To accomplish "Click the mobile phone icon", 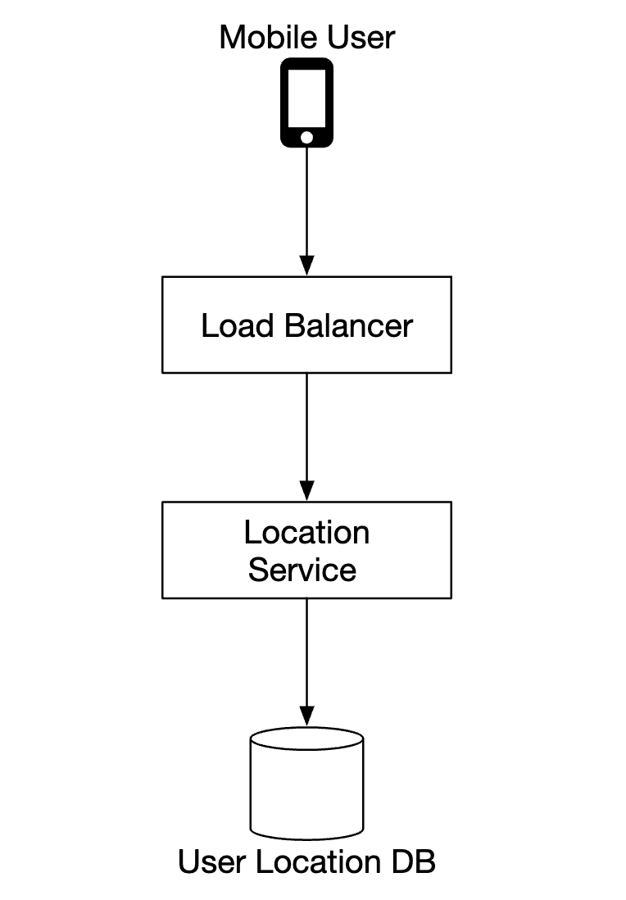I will tap(306, 102).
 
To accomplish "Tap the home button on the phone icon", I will tap(306, 136).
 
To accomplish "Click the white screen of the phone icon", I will tap(306, 96).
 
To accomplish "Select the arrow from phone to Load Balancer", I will tap(306, 205).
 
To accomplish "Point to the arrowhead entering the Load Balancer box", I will tap(306, 266).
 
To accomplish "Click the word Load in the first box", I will tap(237, 326).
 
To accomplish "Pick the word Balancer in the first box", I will tap(350, 326).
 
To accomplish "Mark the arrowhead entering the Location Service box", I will tap(306, 491).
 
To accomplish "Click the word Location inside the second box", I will tap(306, 533).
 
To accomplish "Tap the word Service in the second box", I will tap(302, 570).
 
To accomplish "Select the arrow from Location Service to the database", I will tap(306, 656).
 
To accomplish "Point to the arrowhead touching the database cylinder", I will tap(306, 716).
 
